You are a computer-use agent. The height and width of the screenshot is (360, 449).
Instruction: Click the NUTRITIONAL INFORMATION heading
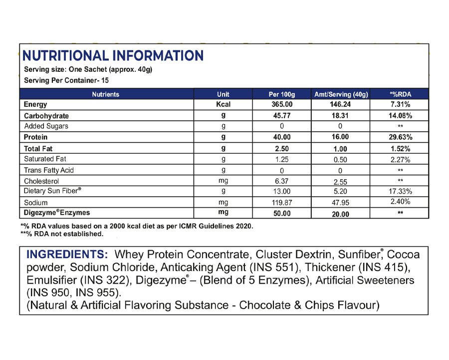point(113,55)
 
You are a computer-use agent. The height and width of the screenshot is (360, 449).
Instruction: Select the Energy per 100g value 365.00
point(282,104)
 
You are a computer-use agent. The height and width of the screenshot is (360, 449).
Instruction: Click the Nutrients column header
point(106,94)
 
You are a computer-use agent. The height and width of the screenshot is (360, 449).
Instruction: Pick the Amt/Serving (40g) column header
point(341,94)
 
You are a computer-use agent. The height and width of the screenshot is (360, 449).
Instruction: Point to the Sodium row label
point(36,203)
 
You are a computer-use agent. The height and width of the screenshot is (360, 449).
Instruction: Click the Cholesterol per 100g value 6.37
point(282,181)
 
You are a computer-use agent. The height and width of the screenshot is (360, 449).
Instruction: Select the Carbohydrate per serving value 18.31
point(341,116)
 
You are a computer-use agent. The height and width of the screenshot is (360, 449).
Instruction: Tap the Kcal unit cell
point(223,104)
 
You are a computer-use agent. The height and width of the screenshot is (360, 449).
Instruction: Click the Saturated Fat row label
point(45,159)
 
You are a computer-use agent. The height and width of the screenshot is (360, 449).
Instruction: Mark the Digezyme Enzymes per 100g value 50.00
point(282,214)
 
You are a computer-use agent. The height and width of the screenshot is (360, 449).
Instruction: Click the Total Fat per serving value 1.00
point(341,148)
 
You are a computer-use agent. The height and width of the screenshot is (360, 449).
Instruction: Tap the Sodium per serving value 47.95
point(341,203)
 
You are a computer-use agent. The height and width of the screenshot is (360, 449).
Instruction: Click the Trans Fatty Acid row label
point(49,170)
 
